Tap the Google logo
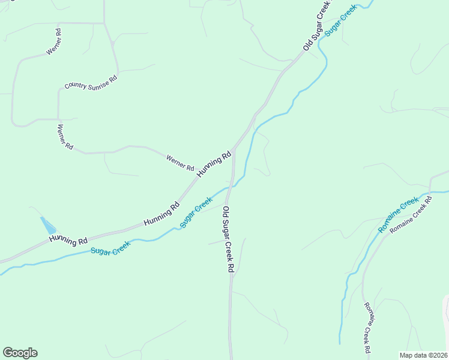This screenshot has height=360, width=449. click(20, 353)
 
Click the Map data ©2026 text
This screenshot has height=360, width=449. click(423, 355)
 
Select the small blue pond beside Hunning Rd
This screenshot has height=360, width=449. click(48, 226)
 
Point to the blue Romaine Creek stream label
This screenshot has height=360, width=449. click(398, 215)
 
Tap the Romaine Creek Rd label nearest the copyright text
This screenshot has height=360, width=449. click(366, 327)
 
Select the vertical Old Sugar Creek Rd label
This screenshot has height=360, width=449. click(228, 239)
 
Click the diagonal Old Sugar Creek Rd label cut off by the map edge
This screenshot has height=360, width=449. click(318, 25)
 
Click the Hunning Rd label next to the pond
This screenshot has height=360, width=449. click(68, 239)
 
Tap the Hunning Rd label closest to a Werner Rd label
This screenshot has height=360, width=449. click(214, 164)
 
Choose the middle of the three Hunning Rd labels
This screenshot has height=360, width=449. click(161, 214)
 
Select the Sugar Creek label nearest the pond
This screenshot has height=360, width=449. click(110, 247)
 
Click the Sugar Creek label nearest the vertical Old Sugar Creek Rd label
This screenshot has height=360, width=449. click(196, 212)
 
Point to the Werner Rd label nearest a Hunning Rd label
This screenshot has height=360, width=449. click(180, 161)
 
